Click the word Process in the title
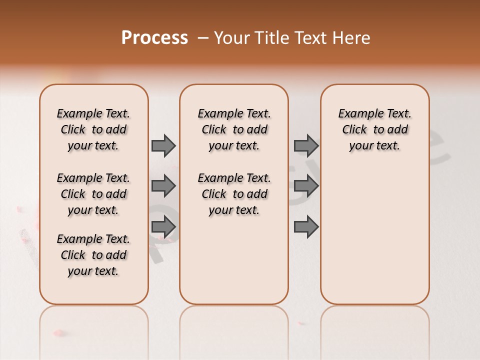pyautogui.click(x=154, y=38)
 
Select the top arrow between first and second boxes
pyautogui.click(x=163, y=145)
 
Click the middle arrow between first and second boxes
pyautogui.click(x=163, y=186)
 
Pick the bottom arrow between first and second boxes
pyautogui.click(x=163, y=227)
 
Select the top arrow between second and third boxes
pyautogui.click(x=306, y=145)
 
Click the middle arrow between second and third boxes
pyautogui.click(x=306, y=186)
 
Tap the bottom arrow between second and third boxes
pyautogui.click(x=306, y=227)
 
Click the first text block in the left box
pyautogui.click(x=93, y=129)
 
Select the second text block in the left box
pyautogui.click(x=93, y=194)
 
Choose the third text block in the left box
pyautogui.click(x=93, y=255)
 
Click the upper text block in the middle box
pyautogui.click(x=234, y=129)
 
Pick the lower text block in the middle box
pyautogui.click(x=234, y=194)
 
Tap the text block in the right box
pyautogui.click(x=375, y=129)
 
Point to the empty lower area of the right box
pyautogui.click(x=375, y=235)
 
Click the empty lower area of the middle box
pyautogui.click(x=234, y=260)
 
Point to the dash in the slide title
pyautogui.click(x=203, y=38)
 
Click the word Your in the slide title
pyautogui.click(x=232, y=38)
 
